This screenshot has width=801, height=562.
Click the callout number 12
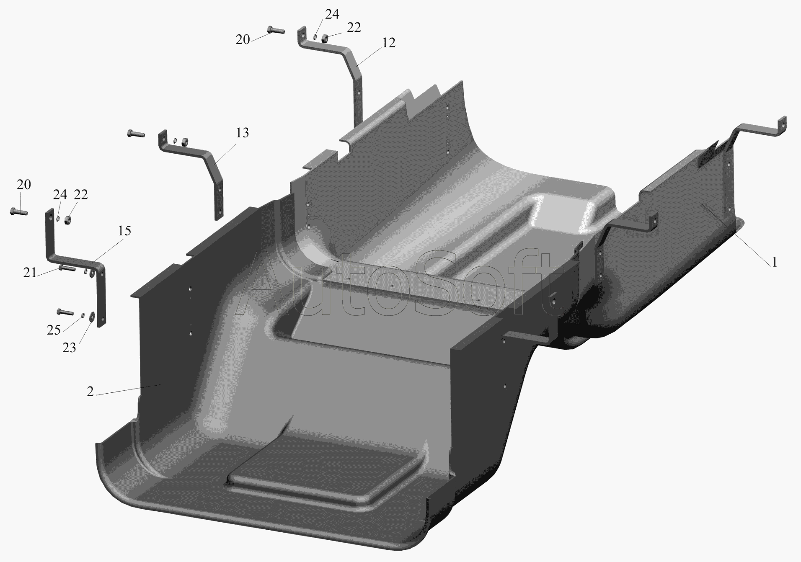(x=389, y=43)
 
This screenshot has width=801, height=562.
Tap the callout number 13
(x=242, y=133)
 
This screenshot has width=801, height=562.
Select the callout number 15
(x=124, y=231)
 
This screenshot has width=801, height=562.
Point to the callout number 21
(x=30, y=273)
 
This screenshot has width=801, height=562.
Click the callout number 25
(x=54, y=330)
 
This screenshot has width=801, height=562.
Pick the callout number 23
(x=69, y=348)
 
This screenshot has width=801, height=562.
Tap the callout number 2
(x=90, y=392)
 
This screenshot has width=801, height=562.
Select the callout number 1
(x=775, y=263)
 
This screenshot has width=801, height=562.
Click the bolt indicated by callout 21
(x=67, y=268)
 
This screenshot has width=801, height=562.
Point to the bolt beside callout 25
(x=65, y=312)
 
